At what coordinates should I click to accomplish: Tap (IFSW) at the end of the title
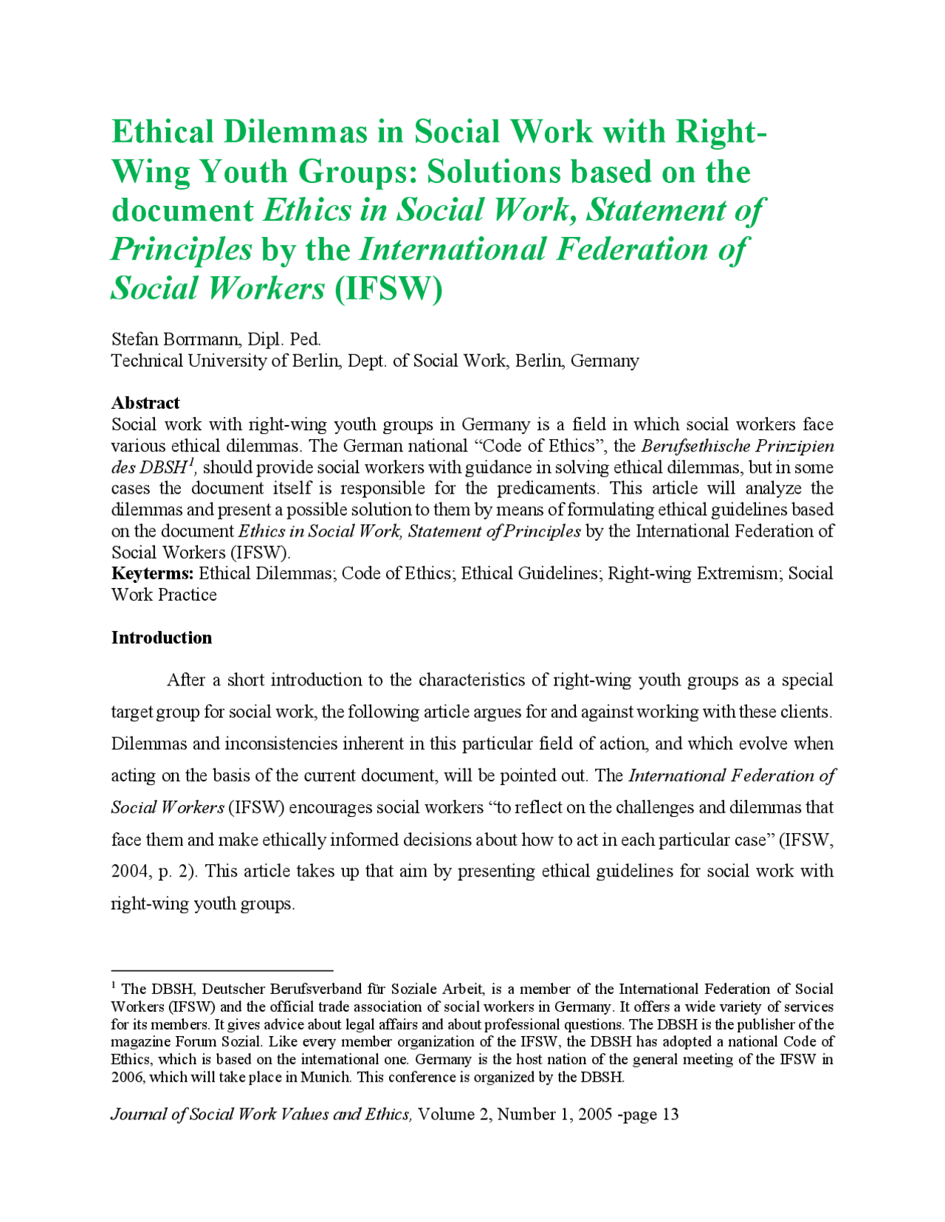point(388,289)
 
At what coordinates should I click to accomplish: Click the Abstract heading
point(145,403)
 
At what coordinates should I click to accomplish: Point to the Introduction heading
point(161,638)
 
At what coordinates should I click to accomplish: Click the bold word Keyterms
point(152,573)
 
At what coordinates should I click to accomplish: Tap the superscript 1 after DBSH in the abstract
point(190,462)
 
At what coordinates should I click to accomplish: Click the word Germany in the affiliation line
point(605,361)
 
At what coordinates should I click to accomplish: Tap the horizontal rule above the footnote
point(221,971)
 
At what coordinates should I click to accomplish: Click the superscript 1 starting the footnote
point(114,985)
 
